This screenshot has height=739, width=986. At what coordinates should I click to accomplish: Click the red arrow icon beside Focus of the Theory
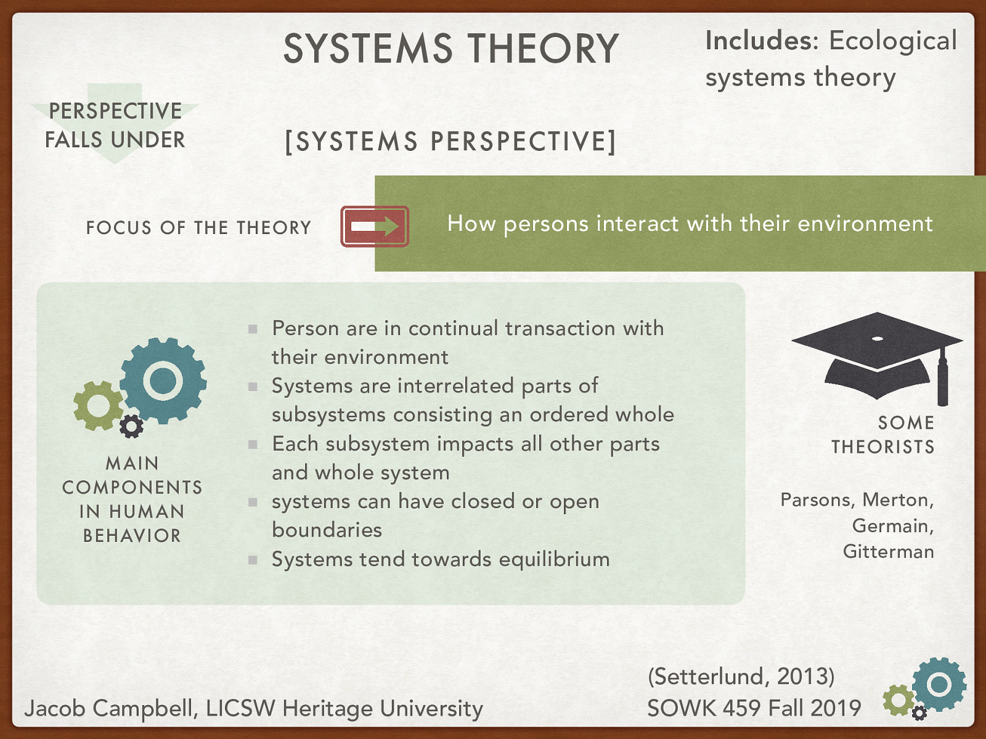click(375, 227)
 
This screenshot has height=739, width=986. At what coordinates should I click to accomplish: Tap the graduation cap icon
click(877, 354)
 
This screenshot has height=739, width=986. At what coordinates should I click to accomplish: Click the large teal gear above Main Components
click(163, 381)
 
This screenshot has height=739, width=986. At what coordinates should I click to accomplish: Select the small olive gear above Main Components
click(97, 405)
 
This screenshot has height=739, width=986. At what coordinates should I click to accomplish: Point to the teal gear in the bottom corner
click(939, 684)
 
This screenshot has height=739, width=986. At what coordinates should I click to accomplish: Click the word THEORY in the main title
click(543, 49)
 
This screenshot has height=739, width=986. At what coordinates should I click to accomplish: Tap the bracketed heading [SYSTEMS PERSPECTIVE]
click(450, 142)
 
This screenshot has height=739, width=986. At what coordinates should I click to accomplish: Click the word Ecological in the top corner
click(893, 41)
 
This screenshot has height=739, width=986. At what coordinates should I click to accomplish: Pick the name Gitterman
click(888, 551)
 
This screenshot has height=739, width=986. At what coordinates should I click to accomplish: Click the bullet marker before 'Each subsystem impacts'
click(253, 444)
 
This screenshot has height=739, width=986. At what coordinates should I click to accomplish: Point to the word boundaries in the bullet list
click(327, 530)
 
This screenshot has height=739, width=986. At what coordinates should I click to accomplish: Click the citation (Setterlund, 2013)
click(741, 676)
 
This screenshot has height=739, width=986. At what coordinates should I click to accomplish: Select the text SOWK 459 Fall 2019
click(754, 708)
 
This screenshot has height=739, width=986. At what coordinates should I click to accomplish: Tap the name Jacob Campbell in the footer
click(111, 709)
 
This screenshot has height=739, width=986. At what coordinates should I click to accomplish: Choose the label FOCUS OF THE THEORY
click(198, 228)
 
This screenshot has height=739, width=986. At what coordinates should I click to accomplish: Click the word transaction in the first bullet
click(560, 328)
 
